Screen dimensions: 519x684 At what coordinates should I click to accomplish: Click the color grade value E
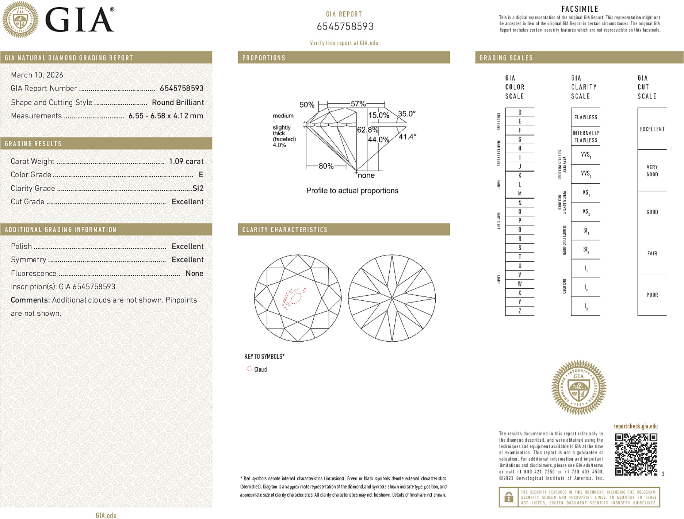click(x=201, y=175)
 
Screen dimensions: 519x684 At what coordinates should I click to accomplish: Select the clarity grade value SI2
click(x=198, y=188)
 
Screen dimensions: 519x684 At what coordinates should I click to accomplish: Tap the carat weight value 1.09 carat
click(x=186, y=161)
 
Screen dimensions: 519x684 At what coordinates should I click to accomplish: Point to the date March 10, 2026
click(x=37, y=75)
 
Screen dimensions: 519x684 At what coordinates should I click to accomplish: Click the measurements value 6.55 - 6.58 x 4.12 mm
click(x=166, y=116)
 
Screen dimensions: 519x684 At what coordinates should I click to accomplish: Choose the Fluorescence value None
click(x=194, y=273)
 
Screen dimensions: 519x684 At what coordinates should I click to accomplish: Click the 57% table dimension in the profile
click(x=358, y=104)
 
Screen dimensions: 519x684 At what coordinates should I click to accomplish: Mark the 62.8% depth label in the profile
click(x=367, y=130)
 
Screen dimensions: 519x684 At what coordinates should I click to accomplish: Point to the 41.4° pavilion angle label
click(x=407, y=137)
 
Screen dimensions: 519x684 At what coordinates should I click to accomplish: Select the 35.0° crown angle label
click(x=406, y=114)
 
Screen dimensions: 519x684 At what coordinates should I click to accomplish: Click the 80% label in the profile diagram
click(x=326, y=166)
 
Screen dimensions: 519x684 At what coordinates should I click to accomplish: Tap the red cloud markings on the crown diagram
click(x=294, y=297)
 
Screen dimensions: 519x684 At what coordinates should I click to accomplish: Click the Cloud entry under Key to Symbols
click(x=260, y=369)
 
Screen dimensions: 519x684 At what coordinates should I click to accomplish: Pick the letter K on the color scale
click(x=520, y=176)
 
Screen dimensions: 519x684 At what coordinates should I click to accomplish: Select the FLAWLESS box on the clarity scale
click(x=585, y=118)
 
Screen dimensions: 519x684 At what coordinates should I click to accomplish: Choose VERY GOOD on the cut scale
click(x=652, y=171)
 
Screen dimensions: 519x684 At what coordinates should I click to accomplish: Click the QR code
click(x=636, y=454)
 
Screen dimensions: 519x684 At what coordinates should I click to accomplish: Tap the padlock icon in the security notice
click(x=508, y=497)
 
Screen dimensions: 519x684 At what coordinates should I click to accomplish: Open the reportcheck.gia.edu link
click(x=635, y=426)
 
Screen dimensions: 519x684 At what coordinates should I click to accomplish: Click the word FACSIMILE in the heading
click(x=580, y=9)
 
